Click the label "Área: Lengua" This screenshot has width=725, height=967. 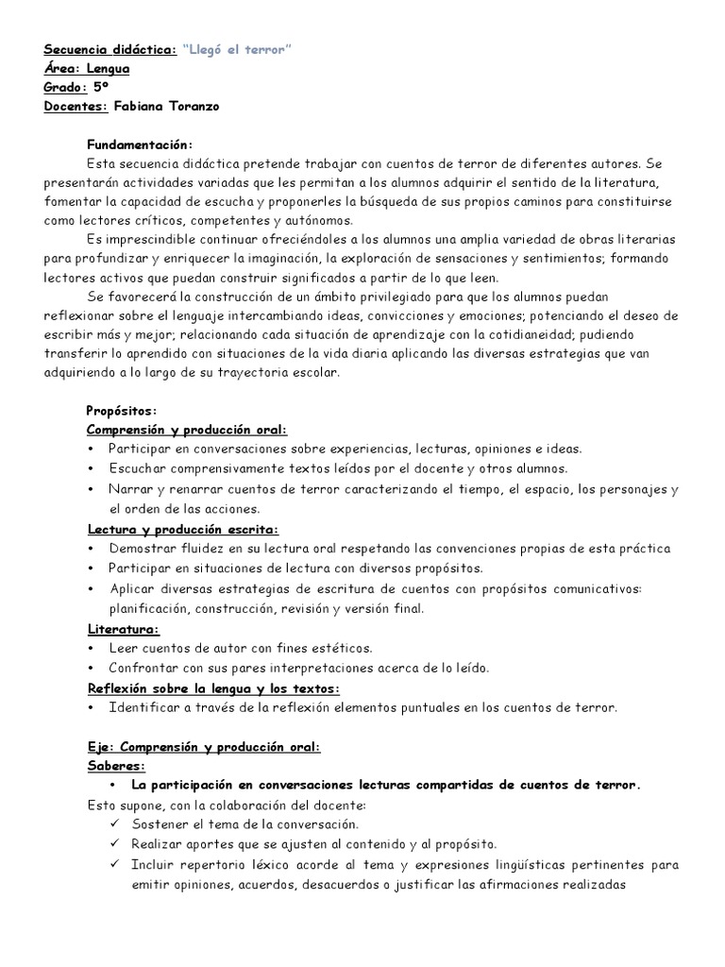(x=87, y=69)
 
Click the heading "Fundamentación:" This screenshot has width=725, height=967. (x=140, y=144)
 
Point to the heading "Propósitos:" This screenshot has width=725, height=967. (x=121, y=411)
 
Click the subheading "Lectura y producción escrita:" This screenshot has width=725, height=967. (x=182, y=531)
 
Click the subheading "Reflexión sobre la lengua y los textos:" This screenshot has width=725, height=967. (x=212, y=687)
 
